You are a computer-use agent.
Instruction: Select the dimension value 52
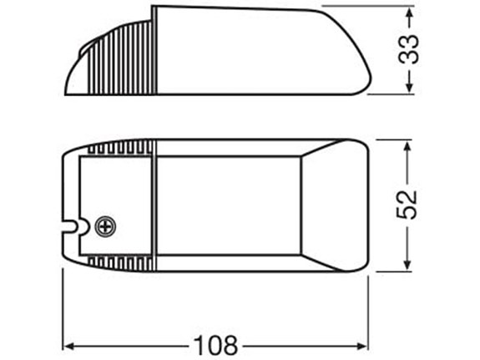407,203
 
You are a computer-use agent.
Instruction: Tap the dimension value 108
215,343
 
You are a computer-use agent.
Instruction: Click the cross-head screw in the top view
105,226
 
